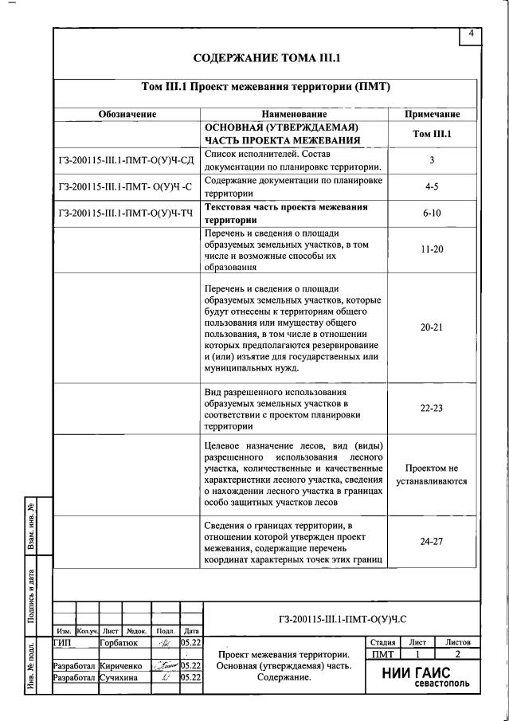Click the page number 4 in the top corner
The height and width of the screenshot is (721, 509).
(471, 33)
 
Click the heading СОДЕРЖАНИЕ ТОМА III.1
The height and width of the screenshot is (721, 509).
(267, 58)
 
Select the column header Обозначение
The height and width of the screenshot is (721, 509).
(127, 115)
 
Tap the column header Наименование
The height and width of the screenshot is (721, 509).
(294, 115)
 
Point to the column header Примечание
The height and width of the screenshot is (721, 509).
(432, 115)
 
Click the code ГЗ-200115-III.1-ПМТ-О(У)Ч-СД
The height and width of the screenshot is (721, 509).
(127, 160)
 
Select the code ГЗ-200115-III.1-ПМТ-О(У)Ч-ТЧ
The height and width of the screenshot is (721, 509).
(127, 214)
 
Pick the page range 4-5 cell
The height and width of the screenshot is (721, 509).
(432, 186)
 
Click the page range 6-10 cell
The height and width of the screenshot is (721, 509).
(432, 214)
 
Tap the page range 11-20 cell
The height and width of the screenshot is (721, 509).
(432, 249)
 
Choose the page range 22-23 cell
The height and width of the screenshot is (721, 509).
(432, 407)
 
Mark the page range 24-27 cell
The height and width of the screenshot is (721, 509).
(432, 540)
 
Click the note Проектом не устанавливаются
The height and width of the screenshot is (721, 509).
(432, 475)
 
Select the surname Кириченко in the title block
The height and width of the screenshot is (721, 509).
(120, 665)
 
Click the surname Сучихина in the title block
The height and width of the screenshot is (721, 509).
(119, 677)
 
